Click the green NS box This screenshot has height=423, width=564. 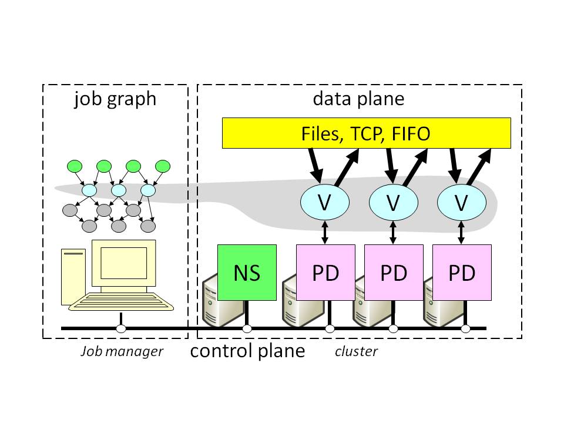[247, 273]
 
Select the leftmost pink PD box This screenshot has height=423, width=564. [325, 273]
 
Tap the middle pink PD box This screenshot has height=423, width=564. [394, 273]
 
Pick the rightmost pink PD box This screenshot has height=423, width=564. [461, 273]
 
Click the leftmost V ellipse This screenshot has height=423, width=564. [325, 203]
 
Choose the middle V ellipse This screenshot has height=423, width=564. [393, 203]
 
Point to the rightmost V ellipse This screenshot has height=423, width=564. [462, 203]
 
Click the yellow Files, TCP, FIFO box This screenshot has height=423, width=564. [366, 133]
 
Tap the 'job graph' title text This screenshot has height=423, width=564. [115, 99]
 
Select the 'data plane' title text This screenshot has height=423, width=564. [358, 99]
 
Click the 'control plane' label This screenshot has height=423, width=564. [248, 351]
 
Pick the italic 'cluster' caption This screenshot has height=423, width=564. [356, 352]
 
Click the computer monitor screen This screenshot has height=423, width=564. [123, 263]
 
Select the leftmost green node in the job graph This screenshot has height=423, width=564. [75, 166]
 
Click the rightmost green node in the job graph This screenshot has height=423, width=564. [162, 166]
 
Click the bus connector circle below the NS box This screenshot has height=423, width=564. [247, 328]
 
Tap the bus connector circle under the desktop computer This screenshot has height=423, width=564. [122, 328]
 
